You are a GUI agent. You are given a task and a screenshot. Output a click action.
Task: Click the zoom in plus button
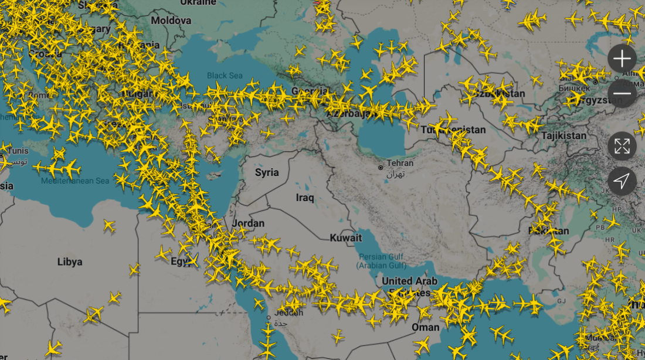(x=622, y=59)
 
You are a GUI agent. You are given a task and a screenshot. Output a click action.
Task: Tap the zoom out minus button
(x=622, y=94)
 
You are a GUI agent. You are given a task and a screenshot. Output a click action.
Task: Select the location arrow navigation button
(x=622, y=181)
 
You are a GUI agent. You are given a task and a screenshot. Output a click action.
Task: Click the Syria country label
(x=267, y=172)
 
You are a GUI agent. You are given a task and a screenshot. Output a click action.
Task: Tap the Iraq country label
(x=305, y=198)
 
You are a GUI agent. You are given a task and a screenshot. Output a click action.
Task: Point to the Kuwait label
(x=346, y=238)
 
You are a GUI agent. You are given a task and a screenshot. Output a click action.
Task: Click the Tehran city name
(x=400, y=163)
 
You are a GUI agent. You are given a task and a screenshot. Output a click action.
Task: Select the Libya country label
(x=70, y=261)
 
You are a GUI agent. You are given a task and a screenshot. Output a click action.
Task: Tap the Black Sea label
(x=225, y=76)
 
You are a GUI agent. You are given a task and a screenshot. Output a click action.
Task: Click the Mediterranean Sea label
(x=75, y=181)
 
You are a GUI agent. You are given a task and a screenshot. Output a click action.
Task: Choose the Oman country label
(x=426, y=327)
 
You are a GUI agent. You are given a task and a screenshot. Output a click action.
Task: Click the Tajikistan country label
(x=564, y=135)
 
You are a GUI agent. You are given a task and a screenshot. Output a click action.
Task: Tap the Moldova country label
(x=171, y=21)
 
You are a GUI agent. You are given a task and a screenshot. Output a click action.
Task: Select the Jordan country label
(x=249, y=223)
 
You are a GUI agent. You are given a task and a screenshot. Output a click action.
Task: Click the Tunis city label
(x=16, y=151)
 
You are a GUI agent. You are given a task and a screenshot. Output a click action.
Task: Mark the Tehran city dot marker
(x=381, y=167)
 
